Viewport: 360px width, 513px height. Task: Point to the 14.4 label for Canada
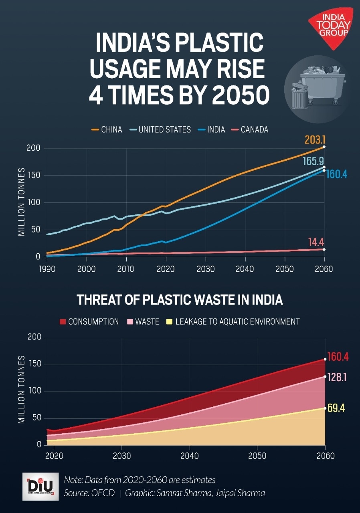click(316, 242)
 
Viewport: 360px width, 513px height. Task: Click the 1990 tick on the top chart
click(47, 269)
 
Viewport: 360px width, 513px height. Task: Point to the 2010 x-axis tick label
click(126, 269)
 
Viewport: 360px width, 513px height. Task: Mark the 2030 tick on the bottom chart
click(121, 456)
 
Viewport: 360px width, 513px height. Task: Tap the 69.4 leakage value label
click(336, 408)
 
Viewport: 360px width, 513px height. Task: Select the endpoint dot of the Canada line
click(324, 249)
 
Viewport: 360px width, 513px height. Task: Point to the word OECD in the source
click(105, 493)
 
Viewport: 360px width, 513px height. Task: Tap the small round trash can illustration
click(300, 96)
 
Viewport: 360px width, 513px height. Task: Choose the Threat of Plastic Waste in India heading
click(180, 300)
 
